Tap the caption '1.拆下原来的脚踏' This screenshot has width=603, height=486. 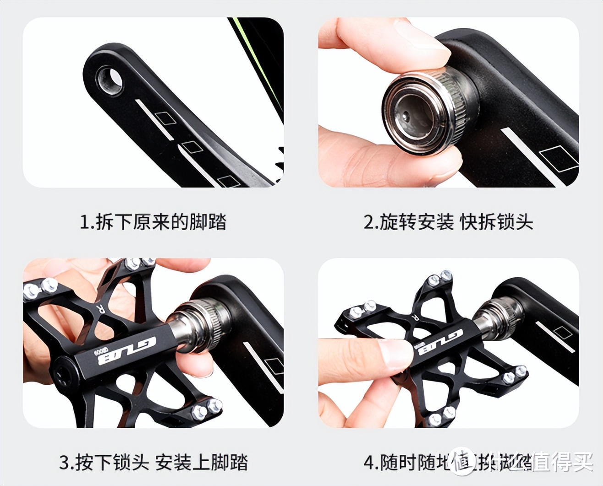[153, 222]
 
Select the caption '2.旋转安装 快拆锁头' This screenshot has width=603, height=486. [448, 222]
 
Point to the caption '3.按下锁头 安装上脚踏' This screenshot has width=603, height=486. [153, 462]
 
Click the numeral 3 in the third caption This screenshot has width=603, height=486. [64, 462]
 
